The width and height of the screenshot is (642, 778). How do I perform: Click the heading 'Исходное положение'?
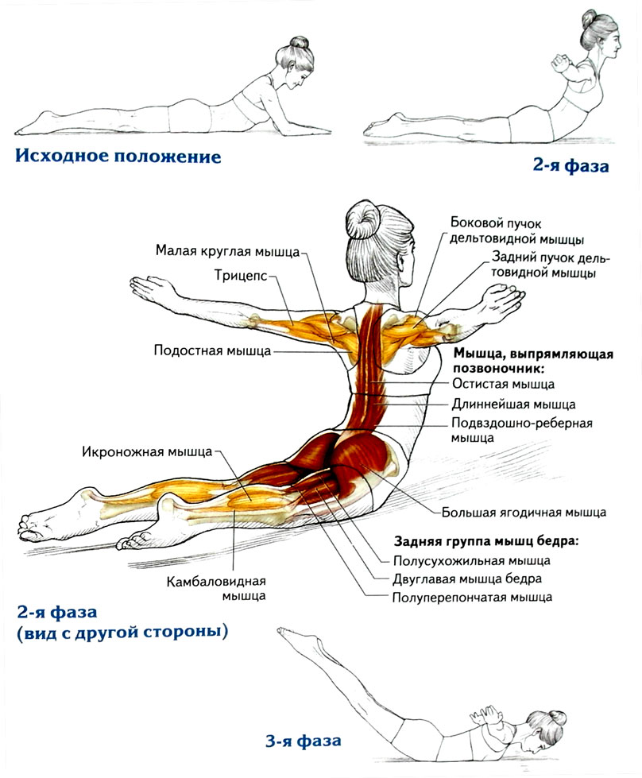(118, 156)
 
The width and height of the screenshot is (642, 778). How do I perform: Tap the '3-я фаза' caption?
(303, 741)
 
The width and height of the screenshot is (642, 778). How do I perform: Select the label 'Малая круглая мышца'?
(227, 252)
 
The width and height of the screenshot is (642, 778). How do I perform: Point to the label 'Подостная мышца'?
(212, 350)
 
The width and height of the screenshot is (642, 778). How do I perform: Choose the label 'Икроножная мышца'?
(147, 452)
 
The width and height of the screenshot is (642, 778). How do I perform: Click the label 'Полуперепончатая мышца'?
(471, 597)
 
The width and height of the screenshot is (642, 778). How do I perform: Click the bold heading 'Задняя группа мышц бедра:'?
(486, 541)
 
